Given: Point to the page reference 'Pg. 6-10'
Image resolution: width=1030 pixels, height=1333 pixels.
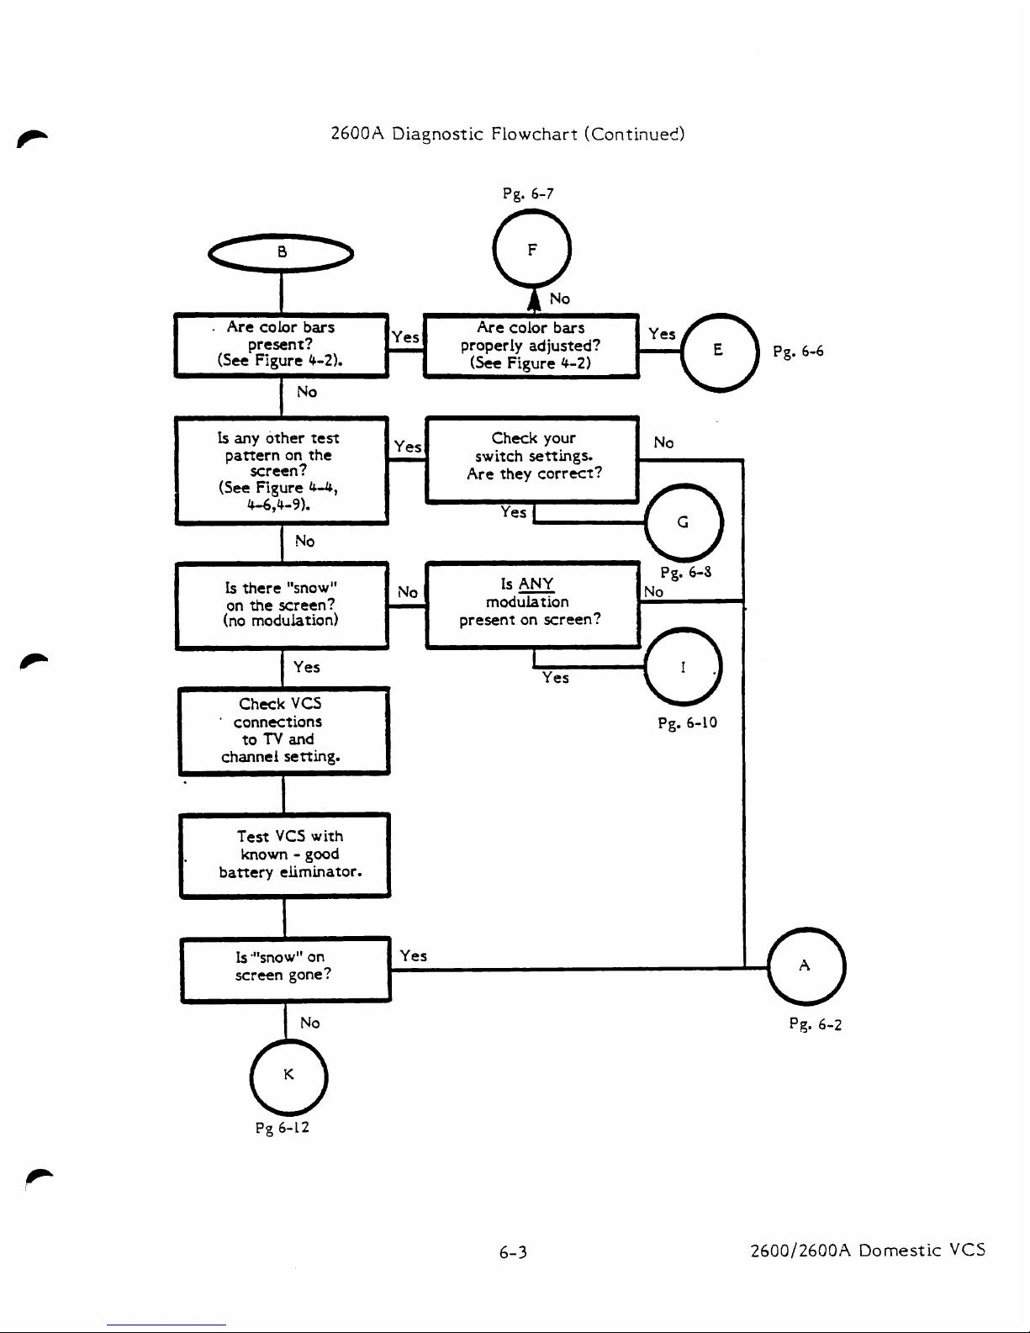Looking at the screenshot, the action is coord(687,723).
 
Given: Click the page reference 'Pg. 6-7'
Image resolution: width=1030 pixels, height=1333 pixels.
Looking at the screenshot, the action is coord(528,193).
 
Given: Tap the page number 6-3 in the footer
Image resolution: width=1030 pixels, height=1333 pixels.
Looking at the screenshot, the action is coord(513,1252).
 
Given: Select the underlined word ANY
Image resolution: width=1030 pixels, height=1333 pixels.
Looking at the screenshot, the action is coord(536,584).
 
